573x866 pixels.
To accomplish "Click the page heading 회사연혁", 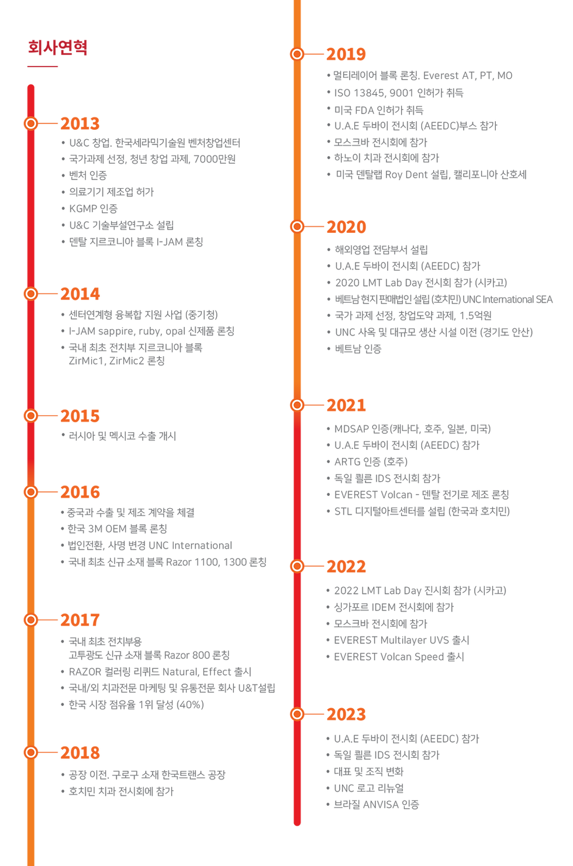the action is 58,47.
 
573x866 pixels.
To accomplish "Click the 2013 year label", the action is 80,124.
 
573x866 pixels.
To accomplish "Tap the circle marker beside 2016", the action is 31,492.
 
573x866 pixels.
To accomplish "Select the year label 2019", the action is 346,54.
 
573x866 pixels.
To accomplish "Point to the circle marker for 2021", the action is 297,405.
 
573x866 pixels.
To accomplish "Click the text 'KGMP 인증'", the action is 93,209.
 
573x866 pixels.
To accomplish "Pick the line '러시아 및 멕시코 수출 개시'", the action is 122,436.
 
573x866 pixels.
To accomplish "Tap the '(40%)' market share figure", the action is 190,705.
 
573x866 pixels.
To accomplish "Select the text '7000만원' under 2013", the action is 215,159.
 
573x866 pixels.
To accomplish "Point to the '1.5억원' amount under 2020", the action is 475,316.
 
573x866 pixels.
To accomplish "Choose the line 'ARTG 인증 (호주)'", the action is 371,461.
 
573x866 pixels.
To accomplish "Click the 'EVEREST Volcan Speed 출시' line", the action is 399,657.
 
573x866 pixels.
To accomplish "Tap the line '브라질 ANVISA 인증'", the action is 376,805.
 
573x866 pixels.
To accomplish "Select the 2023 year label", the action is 346,714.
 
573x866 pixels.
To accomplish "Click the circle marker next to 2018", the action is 31,753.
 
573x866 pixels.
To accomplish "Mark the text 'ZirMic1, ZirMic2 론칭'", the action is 117,361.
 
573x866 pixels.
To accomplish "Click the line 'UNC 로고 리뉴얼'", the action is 369,788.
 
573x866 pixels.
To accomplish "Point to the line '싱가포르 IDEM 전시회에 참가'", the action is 393,607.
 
